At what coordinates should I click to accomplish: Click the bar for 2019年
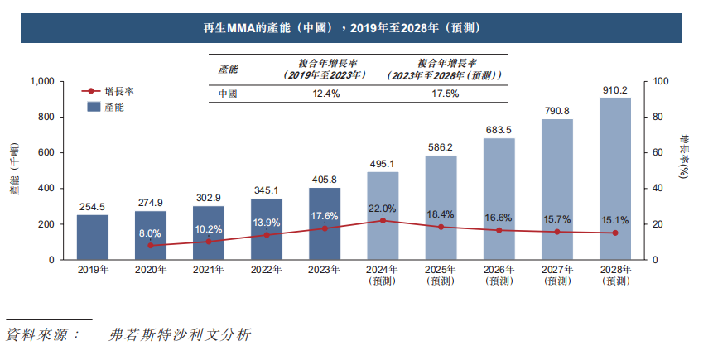coord(92,238)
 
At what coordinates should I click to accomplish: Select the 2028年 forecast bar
coord(614,179)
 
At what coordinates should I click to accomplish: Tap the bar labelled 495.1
coord(383,216)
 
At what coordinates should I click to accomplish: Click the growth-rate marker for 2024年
coord(383,221)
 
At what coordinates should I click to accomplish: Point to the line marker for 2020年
coord(151,246)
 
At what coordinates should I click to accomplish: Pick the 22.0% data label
coord(383,208)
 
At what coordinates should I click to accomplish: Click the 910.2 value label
coord(614,90)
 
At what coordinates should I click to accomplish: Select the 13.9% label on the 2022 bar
coord(267,223)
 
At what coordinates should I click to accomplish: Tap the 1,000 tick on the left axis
coord(41,82)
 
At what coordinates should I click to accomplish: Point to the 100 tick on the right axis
coord(660,82)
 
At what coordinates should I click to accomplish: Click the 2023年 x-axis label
coord(325,271)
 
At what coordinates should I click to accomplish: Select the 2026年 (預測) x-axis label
coord(499,276)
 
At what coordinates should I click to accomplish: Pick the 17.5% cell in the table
coord(446,94)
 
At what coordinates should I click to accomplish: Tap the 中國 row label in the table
coord(227,94)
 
